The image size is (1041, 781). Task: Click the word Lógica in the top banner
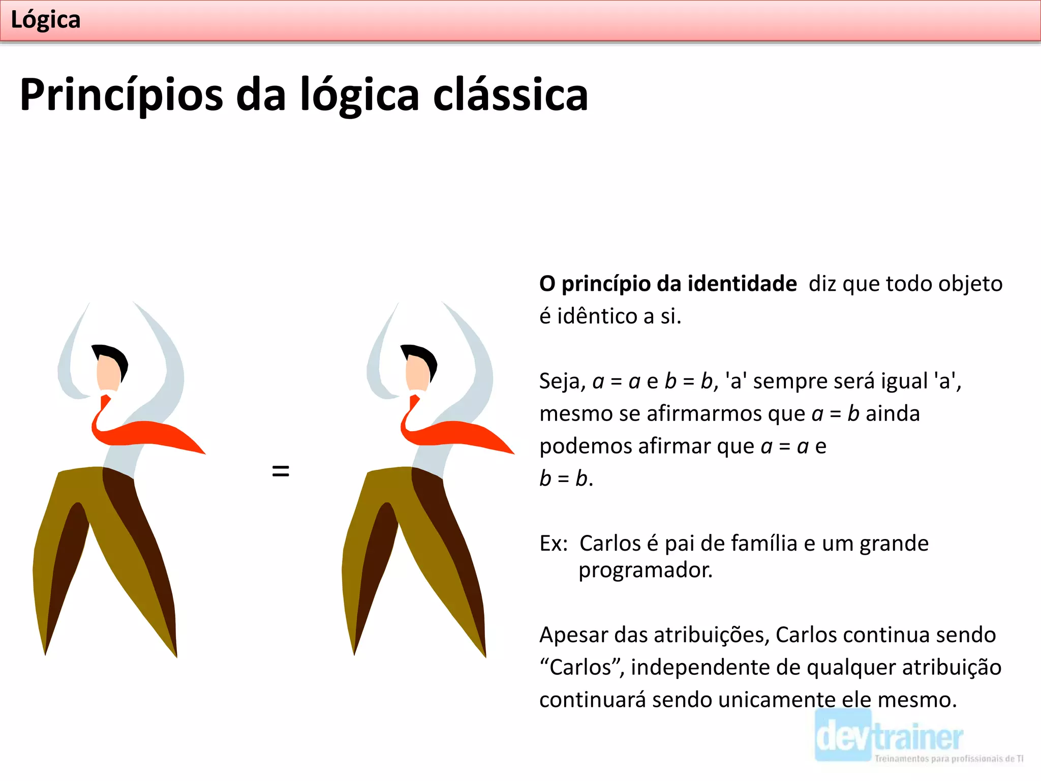tap(45, 20)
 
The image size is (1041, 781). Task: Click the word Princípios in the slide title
tap(121, 95)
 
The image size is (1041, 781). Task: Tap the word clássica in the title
tap(510, 95)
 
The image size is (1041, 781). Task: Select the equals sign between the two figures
tap(281, 471)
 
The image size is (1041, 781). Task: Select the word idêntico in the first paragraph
tap(597, 316)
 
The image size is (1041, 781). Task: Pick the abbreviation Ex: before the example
tap(553, 544)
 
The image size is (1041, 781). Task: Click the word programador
tap(645, 570)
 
